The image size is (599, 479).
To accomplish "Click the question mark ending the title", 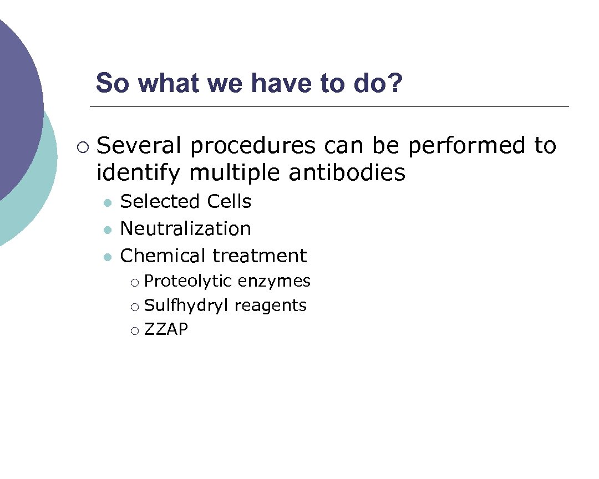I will [x=394, y=84].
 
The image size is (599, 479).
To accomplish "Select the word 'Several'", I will [x=139, y=146].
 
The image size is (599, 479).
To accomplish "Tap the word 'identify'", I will [x=138, y=174].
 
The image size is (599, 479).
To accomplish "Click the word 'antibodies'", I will [x=347, y=173].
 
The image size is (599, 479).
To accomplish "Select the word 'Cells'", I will [x=229, y=201].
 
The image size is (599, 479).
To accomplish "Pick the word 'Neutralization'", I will [x=185, y=228].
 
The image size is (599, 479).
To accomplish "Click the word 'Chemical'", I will [x=163, y=256].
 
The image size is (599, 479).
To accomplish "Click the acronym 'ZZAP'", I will [x=166, y=330].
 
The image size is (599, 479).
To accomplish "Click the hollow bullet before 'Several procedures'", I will [x=83, y=147].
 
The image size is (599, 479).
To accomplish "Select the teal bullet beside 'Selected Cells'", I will [x=108, y=203].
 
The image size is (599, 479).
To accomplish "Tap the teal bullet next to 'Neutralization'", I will [x=108, y=230].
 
